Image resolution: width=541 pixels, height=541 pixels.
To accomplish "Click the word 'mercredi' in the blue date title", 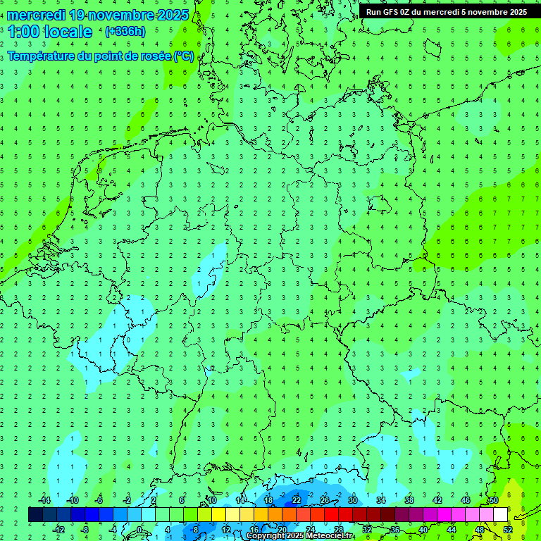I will click(x=37, y=15).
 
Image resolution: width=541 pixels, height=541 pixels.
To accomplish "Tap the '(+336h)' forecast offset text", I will click(x=125, y=31).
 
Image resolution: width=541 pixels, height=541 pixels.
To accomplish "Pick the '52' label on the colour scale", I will click(x=508, y=530).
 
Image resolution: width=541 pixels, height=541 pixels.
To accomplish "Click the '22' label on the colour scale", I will click(x=297, y=500).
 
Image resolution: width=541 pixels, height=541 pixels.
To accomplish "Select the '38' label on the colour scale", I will click(x=409, y=500).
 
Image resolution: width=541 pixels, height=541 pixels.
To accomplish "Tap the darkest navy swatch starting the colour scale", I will click(x=36, y=515).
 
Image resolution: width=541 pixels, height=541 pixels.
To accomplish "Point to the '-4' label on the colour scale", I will click(x=113, y=530).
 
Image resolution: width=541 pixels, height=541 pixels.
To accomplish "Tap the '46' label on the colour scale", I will click(x=466, y=500).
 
